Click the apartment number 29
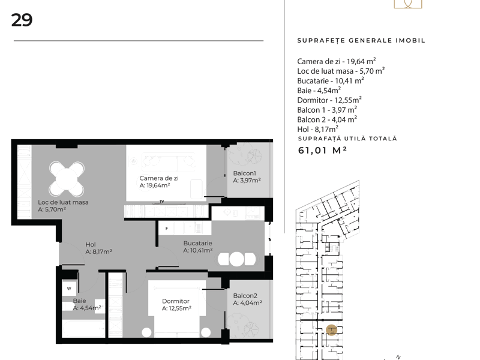pos(22,20)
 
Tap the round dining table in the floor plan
pos(67,179)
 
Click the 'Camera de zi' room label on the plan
pos(159,178)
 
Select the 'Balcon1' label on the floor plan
pos(244,173)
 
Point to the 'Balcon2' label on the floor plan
pos(245,296)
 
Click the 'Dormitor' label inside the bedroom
pos(176,301)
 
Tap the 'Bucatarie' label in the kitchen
pos(198,244)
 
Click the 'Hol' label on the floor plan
pos(91,245)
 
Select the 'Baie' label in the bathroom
pos(79,301)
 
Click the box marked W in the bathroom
pos(69,289)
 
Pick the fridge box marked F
pos(167,229)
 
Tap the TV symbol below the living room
pos(162,202)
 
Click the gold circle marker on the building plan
pos(332,330)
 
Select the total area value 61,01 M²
pos(322,151)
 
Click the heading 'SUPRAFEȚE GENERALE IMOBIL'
pos(361,40)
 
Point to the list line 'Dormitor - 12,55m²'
pos(329,100)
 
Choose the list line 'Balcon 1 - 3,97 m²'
pos(327,110)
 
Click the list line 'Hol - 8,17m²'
pos(318,129)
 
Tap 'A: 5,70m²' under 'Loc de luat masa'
pos(52,209)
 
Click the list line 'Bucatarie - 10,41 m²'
pos(331,81)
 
